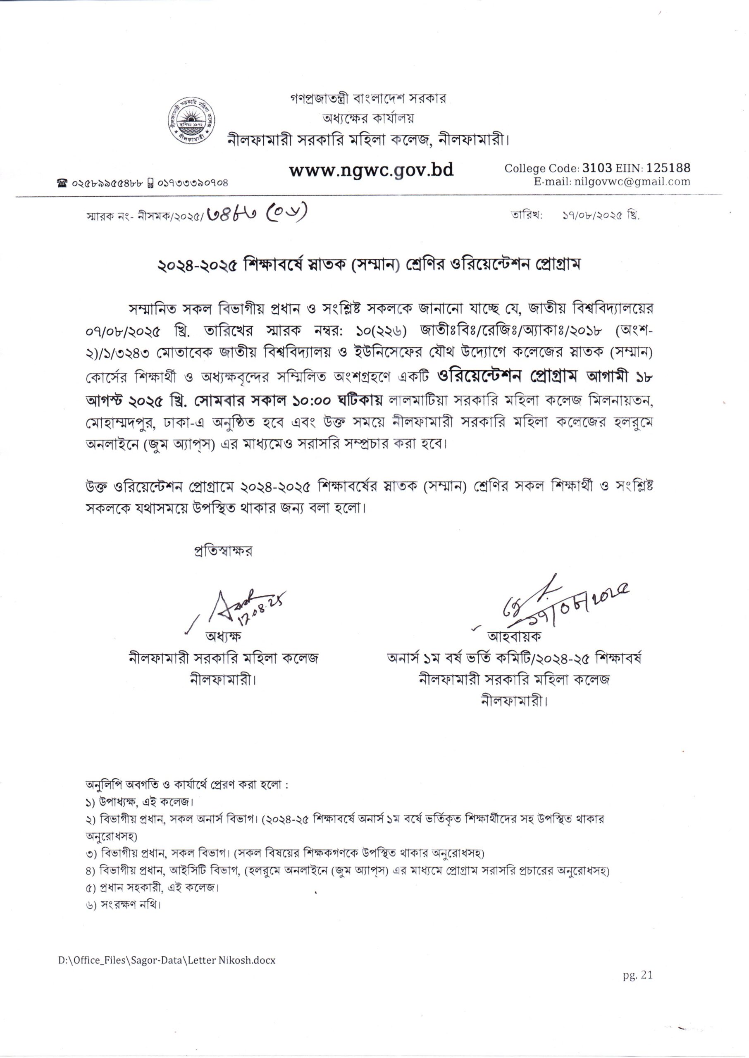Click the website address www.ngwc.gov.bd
371,170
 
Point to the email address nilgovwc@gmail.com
632,181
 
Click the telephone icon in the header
61,183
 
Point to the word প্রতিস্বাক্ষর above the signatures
224,551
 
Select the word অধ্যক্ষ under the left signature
224,636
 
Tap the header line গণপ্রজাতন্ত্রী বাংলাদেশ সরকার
368,99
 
